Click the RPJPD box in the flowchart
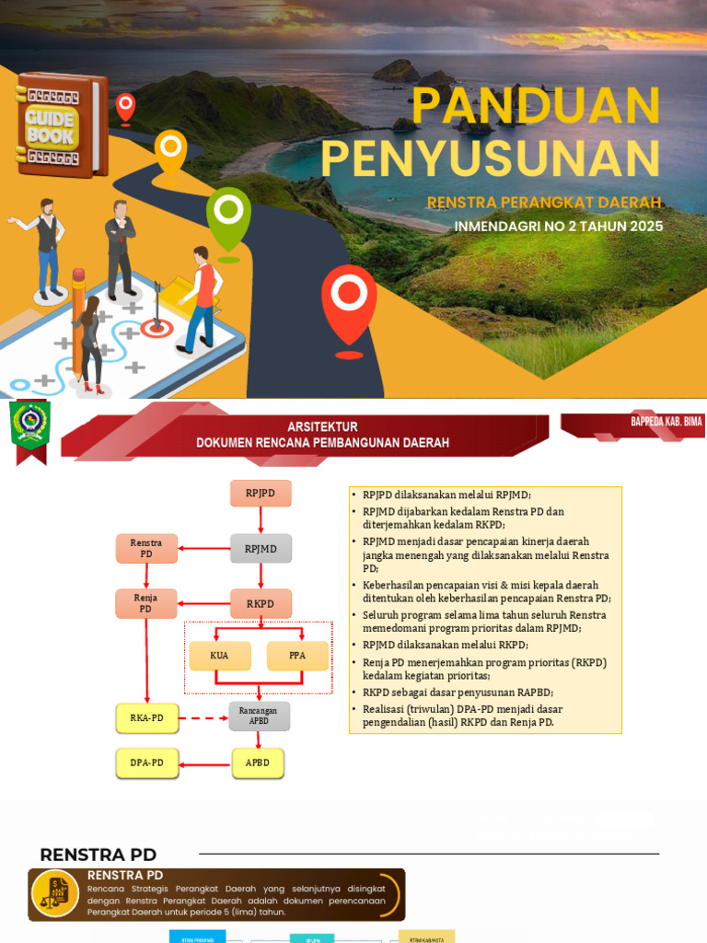point(261,494)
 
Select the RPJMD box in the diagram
point(261,550)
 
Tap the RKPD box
point(261,604)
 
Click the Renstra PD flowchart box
point(146,549)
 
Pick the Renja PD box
point(146,604)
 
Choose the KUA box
point(218,656)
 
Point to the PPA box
point(297,656)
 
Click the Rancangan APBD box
point(259,716)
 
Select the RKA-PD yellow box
point(146,717)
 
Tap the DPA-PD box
point(146,763)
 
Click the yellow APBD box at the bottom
point(258,763)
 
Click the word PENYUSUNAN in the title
point(490,157)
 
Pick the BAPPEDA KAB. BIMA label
point(666,422)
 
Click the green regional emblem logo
point(30,426)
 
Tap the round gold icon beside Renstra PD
point(55,894)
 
